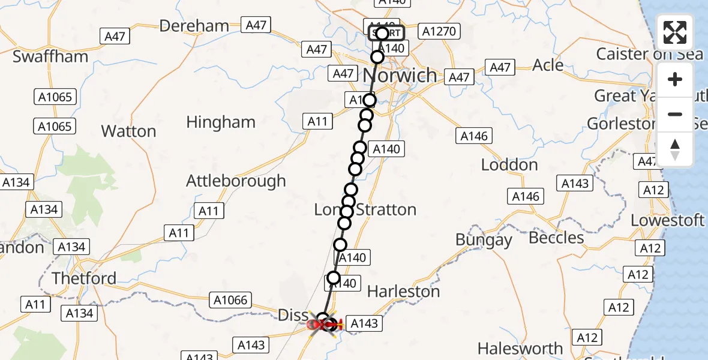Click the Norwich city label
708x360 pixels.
[401, 76]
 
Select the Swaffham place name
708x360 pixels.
[50, 56]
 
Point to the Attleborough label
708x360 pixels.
[236, 181]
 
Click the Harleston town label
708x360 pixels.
[403, 292]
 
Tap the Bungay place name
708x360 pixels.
[484, 240]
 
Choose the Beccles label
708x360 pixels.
[556, 238]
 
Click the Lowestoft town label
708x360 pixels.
[667, 220]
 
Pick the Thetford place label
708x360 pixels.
[84, 278]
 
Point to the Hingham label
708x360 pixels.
[221, 122]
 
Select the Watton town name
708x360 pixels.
[128, 131]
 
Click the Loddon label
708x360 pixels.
[509, 165]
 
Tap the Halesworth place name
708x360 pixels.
[520, 349]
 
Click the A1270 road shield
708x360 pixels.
[439, 31]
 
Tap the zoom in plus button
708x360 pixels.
[675, 80]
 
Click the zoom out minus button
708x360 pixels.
[675, 114]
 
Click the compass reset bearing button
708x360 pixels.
[675, 149]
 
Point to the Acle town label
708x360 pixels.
[548, 65]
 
